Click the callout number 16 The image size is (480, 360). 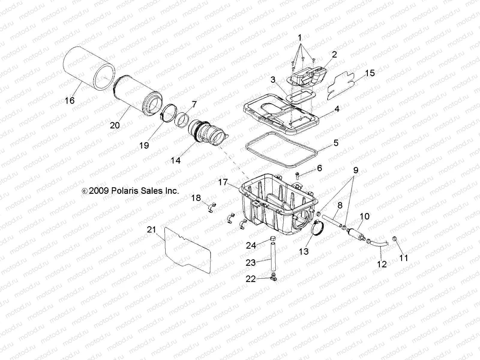point(70,100)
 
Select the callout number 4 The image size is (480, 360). point(337,109)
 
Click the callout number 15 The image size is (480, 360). point(370,73)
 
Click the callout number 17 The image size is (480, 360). point(223,182)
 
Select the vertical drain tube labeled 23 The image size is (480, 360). point(273,257)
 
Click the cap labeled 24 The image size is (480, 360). point(273,239)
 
